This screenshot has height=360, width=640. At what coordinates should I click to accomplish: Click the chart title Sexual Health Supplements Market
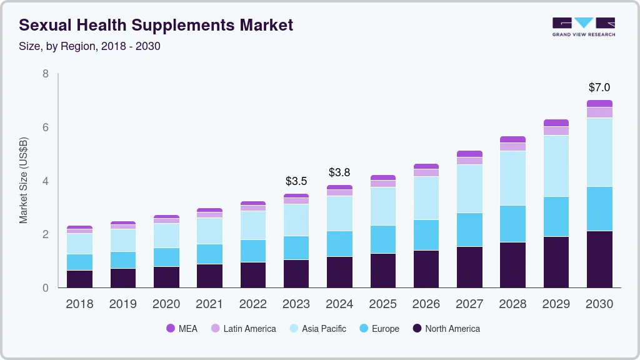(x=156, y=25)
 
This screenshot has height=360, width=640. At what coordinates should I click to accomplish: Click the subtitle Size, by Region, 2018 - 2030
(x=90, y=46)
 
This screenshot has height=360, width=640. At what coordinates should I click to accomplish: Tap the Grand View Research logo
(x=583, y=26)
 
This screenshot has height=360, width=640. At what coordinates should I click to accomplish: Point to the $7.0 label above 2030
(x=599, y=87)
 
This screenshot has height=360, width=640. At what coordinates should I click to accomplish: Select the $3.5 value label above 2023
(x=296, y=181)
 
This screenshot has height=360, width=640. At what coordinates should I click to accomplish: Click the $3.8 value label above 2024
(x=339, y=172)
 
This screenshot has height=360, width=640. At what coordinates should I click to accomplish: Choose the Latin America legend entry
(x=243, y=328)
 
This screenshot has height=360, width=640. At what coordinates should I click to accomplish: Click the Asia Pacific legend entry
(x=317, y=328)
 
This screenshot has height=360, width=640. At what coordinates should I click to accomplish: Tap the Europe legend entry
(x=379, y=328)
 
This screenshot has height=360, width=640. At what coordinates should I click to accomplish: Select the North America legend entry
(x=446, y=328)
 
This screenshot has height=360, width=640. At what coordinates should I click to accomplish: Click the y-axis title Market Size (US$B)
(x=24, y=180)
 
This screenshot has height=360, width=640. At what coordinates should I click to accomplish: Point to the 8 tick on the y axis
(x=45, y=74)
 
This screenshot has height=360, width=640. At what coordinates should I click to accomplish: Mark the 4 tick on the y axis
(x=45, y=181)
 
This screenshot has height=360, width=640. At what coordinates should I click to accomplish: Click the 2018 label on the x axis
(x=79, y=304)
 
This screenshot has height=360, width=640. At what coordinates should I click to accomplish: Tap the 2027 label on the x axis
(x=469, y=304)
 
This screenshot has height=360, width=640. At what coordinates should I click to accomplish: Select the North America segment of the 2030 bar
(x=599, y=259)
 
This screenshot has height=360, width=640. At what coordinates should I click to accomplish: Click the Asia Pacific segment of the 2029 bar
(x=556, y=166)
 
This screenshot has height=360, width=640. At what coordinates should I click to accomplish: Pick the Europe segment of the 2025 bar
(x=382, y=239)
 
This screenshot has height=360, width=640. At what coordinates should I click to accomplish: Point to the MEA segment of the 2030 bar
(x=599, y=103)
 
